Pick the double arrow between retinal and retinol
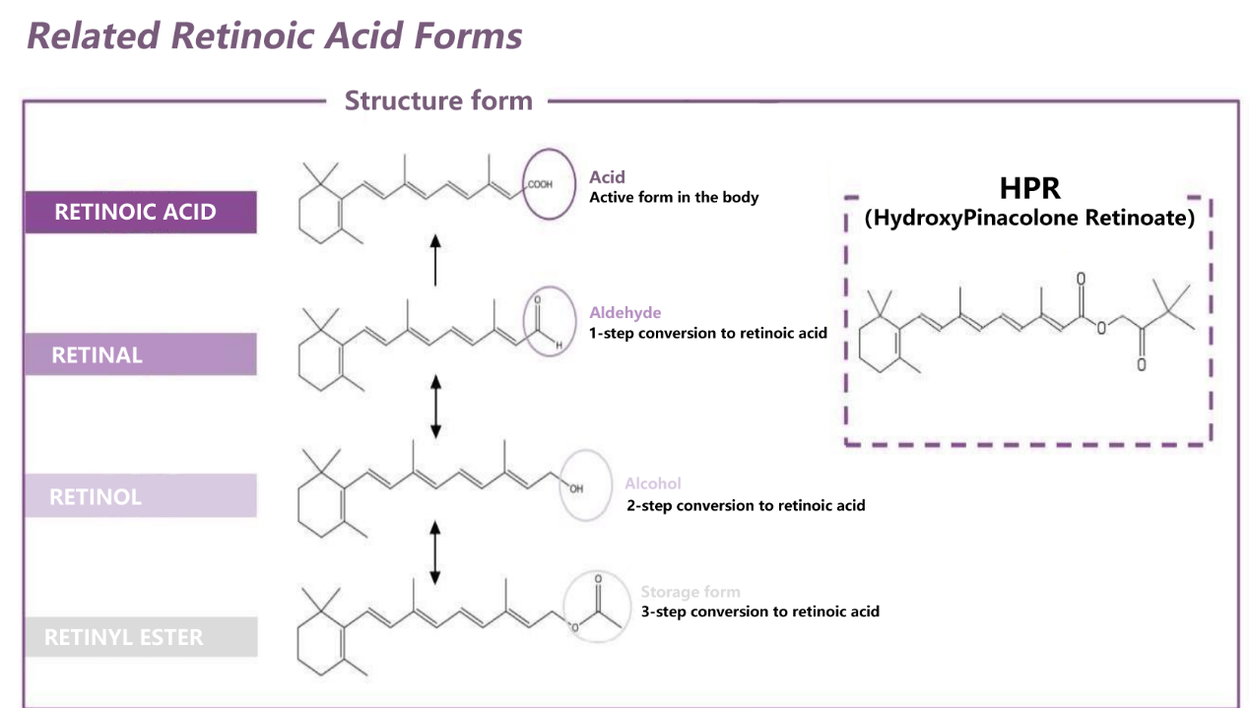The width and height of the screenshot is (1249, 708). point(435,406)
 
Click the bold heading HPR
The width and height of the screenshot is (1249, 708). point(1029,189)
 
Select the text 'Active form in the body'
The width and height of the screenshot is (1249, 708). point(674,197)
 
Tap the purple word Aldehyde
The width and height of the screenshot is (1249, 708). point(625,313)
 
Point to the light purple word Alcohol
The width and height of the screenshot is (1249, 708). point(652,483)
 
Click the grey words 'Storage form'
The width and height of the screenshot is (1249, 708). point(690,592)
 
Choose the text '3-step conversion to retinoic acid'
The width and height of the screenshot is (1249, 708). point(759,611)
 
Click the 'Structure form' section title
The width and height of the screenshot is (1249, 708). point(438,100)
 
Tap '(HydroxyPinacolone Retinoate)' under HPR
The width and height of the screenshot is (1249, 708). point(1029,218)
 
